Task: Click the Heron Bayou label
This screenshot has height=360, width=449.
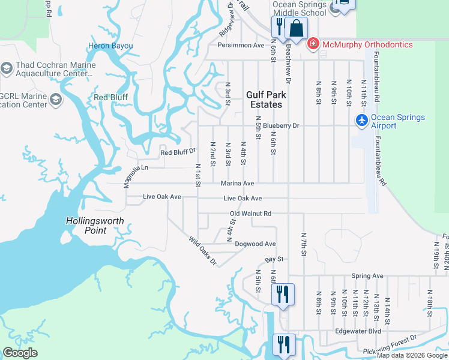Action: [110, 46]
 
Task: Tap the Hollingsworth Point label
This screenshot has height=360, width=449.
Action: [95, 226]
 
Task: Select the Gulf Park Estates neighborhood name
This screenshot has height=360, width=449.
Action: [265, 100]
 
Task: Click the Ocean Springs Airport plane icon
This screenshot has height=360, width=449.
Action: [361, 121]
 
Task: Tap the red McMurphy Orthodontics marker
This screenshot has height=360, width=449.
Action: [312, 44]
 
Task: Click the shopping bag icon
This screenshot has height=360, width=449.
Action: [296, 28]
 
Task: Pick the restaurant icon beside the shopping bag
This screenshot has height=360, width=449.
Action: [279, 26]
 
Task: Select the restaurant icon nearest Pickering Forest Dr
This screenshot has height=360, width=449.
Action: [283, 344]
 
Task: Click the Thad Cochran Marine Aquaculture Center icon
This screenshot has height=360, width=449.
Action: [7, 69]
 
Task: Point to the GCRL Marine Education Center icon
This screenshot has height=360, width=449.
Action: [56, 100]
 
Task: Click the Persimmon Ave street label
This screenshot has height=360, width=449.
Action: [241, 45]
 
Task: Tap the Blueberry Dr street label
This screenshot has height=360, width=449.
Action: [280, 126]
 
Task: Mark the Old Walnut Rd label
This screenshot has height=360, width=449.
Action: [251, 213]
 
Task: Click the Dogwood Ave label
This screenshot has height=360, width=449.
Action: [255, 244]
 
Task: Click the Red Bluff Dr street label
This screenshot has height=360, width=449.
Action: [178, 152]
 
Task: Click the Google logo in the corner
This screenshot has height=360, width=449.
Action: [20, 353]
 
